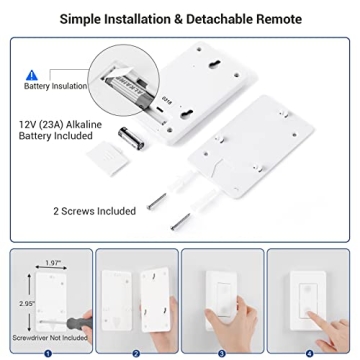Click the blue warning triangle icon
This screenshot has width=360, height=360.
click(x=31, y=74)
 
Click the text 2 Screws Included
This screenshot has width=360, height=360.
click(x=95, y=211)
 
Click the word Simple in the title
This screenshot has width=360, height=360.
click(x=110, y=18)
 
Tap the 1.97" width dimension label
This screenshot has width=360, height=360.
click(x=53, y=261)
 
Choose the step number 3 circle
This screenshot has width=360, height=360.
click(x=223, y=352)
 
